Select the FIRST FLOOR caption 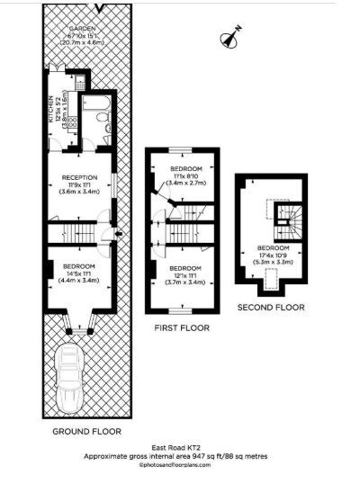186,328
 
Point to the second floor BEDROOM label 273,247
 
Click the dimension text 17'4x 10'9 273,255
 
